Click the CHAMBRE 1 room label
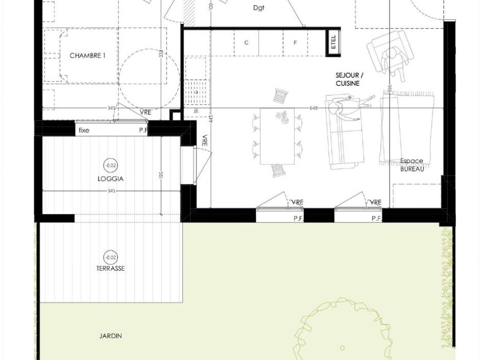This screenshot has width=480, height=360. click(87, 56)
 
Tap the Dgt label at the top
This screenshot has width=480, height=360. click(259, 8)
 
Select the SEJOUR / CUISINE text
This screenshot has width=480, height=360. click(349, 79)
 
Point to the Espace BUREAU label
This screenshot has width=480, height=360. click(412, 164)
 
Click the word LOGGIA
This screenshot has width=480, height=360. click(110, 179)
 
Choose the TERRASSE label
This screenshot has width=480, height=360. click(110, 268)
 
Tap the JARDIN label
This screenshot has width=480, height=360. click(110, 335)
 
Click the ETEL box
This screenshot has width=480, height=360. click(333, 43)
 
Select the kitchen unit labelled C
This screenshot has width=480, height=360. click(246, 43)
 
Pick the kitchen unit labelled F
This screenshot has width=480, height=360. click(295, 43)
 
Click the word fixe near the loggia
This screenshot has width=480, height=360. click(84, 130)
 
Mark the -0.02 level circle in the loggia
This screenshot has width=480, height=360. click(110, 165)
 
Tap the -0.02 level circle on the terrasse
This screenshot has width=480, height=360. click(110, 257)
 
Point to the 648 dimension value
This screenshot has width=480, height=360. click(314, 108)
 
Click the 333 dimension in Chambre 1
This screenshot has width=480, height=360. click(161, 54)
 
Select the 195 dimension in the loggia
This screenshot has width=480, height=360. click(161, 175)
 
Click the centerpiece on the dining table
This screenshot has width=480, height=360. click(281, 117)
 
